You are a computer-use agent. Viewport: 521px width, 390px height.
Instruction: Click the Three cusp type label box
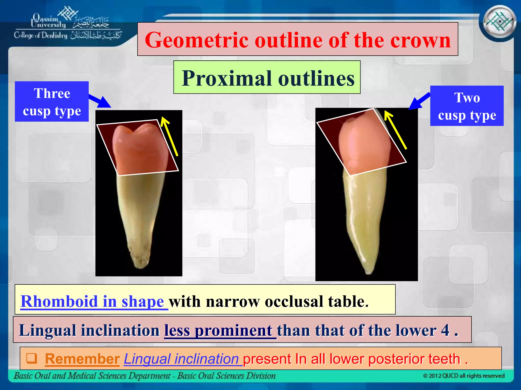(52, 102)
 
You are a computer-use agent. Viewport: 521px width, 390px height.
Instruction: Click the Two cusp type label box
(467, 106)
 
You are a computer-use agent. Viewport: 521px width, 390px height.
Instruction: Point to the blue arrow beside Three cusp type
(101, 101)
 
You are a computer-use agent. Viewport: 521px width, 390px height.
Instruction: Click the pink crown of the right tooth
(364, 145)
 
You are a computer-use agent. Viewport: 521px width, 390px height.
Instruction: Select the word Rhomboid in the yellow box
(59, 301)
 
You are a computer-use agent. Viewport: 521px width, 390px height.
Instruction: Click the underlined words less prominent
(220, 330)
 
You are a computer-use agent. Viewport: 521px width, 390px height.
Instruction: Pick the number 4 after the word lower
(445, 330)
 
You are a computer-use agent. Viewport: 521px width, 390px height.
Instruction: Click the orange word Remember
(82, 359)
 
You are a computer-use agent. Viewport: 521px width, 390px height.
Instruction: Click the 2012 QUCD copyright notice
(464, 376)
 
